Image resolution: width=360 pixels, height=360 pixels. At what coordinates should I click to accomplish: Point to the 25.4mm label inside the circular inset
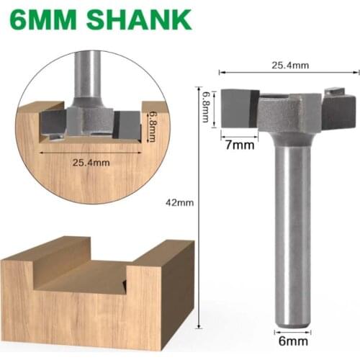click(91, 162)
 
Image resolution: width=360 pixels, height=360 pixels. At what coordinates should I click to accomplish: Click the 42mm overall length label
click(181, 202)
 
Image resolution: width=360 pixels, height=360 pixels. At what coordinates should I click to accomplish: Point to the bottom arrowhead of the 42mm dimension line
click(197, 329)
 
